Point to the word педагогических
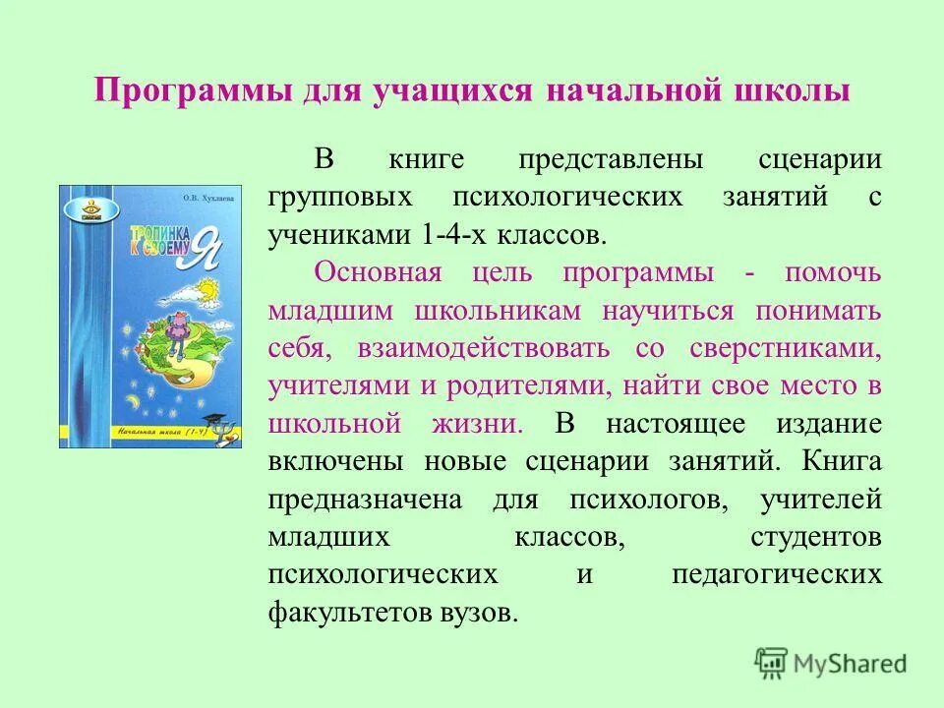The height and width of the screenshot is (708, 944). point(777,575)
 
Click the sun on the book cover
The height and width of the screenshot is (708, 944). point(207,289)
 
